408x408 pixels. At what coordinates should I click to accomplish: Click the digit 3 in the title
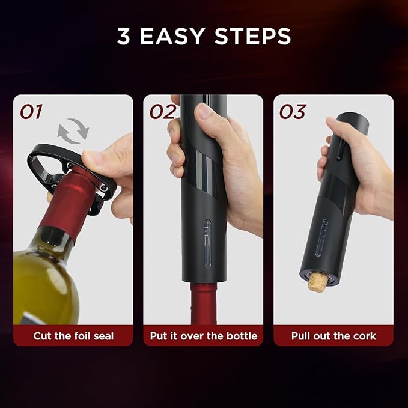[126, 36]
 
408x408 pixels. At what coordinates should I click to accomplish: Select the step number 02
[163, 112]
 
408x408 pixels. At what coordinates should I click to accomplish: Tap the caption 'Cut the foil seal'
[73, 335]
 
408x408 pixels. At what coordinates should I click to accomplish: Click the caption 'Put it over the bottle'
[203, 335]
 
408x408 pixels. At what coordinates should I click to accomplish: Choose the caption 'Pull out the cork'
[333, 335]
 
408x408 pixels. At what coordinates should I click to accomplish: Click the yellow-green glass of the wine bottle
[42, 282]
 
